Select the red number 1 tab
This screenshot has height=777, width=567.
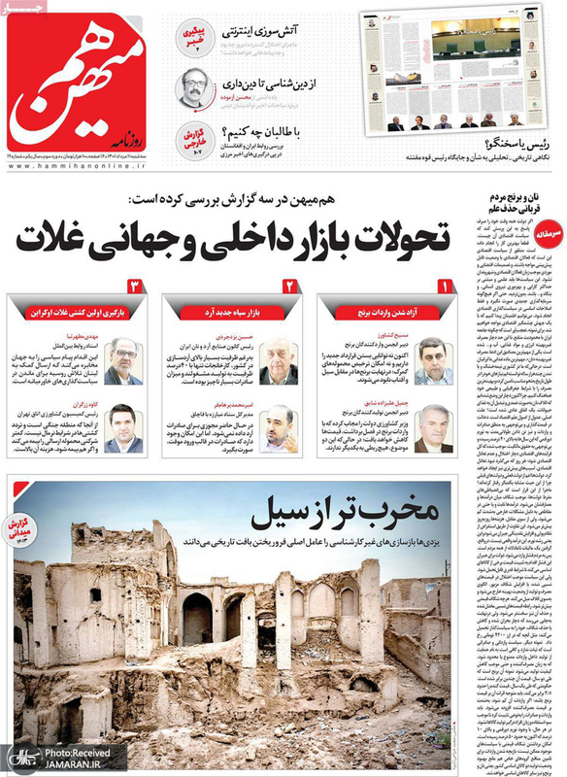click(445, 288)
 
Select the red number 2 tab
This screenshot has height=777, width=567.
click(289, 288)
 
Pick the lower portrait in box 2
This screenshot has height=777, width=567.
click(279, 426)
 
